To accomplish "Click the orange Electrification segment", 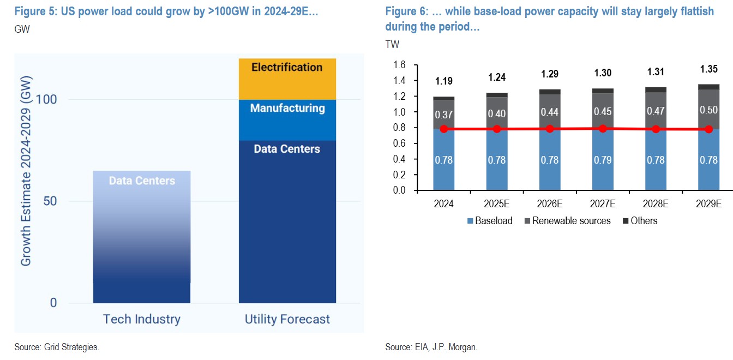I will coord(287,79).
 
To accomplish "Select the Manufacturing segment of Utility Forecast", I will coord(287,120).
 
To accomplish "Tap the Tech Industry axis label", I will coord(142,319).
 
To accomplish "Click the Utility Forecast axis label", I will coord(287,319).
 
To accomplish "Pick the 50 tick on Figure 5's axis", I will coord(50,201).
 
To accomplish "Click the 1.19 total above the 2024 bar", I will coord(444,81).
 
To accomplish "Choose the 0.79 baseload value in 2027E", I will coord(603,160).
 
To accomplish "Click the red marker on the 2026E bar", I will coord(550,129).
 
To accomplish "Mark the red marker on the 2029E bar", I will coord(708,129).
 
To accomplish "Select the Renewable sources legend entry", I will coord(567,221).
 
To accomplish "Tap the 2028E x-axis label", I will coord(656,204).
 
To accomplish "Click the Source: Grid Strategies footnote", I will coord(57,347).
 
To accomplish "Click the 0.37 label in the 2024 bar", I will coord(444,115).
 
